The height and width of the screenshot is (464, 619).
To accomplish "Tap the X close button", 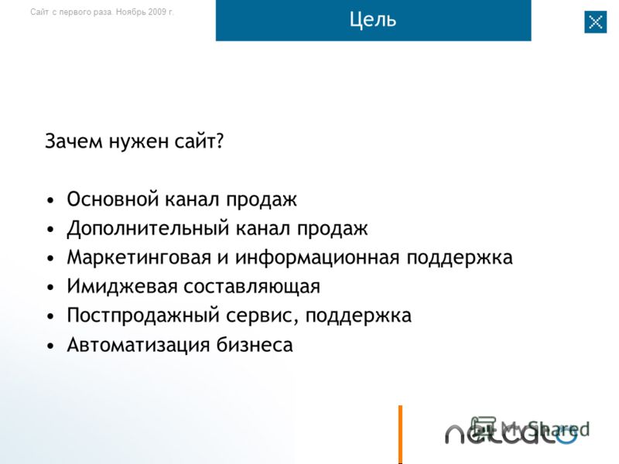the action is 595,22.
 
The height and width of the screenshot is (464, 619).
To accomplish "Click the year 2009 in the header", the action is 158,12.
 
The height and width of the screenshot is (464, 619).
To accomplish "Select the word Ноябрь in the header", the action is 131,12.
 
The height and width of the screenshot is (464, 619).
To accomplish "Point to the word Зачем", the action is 74,141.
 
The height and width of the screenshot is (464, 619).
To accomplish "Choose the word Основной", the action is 112,199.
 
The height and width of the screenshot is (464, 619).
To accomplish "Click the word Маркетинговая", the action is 139,258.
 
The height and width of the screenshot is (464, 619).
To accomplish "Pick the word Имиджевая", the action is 122,286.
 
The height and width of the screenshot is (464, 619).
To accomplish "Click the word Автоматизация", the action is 139,345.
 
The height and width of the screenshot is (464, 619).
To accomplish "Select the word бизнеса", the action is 255,344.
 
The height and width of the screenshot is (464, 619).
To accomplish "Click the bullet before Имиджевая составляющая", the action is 50,288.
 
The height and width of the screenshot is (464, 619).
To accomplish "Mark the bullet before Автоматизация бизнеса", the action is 50,346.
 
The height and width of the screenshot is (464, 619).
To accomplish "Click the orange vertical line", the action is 400,434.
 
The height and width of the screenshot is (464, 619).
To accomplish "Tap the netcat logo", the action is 511,432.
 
